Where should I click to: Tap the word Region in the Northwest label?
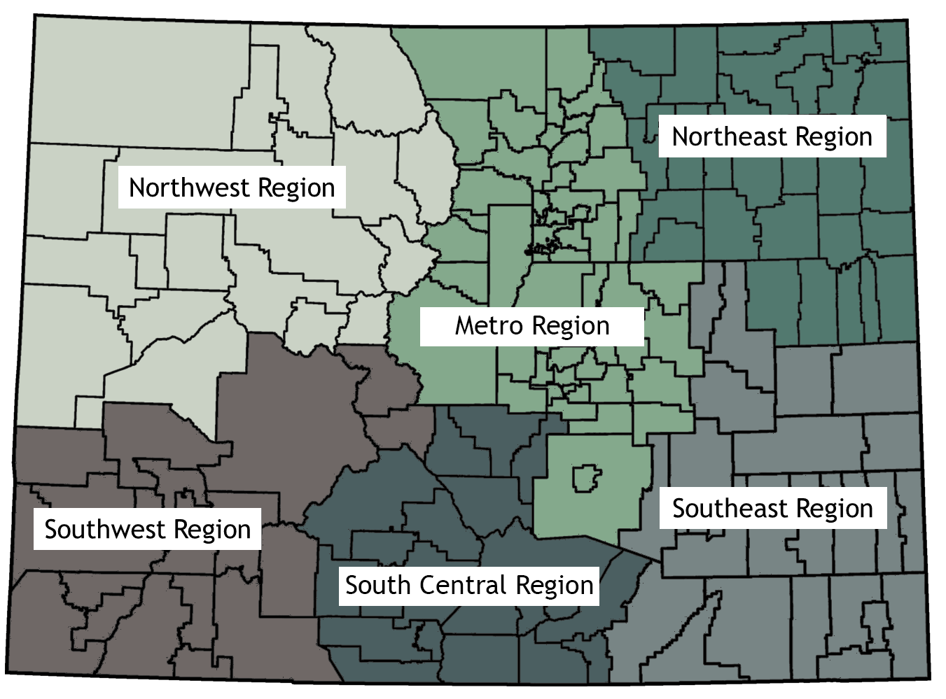pos(296,188)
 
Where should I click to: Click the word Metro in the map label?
pos(489,325)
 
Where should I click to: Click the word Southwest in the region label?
pos(105,529)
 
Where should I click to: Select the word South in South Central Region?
pos(377,585)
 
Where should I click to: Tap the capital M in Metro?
pos(464,325)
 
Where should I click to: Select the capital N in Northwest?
pos(137,188)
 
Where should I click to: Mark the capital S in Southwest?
pos(50,529)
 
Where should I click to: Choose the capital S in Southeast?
pos(679,508)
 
